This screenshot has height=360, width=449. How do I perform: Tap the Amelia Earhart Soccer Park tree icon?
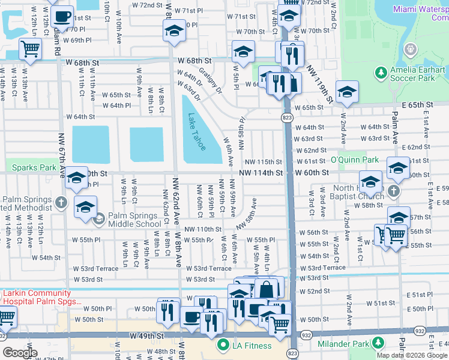[380, 73]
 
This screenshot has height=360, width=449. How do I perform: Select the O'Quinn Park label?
[354, 160]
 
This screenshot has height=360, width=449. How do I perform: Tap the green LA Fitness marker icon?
[223, 345]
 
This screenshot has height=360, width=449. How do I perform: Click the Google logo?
[19, 352]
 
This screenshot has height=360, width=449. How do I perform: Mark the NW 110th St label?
[203, 229]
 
